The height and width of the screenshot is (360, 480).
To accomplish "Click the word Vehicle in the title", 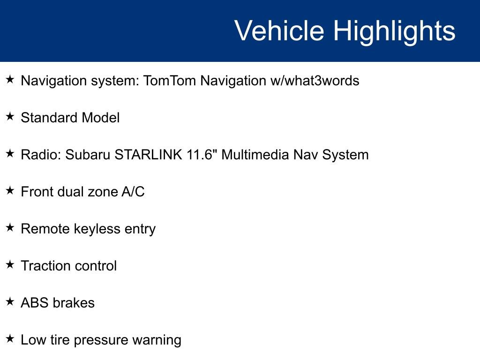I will tap(279, 31).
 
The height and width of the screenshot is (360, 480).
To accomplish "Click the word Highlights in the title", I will tap(394, 31).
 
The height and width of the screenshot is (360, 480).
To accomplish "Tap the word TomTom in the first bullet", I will tap(169, 81).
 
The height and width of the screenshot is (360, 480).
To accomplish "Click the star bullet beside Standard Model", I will tap(10, 117).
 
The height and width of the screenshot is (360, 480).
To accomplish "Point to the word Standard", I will tap(49, 118).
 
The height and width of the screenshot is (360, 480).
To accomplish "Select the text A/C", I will tap(133, 192).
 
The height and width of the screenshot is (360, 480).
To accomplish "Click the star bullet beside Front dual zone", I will tap(10, 191).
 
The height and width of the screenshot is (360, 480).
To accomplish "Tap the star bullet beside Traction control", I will tap(10, 265).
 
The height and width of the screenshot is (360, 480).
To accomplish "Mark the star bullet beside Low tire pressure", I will tap(10, 339).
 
